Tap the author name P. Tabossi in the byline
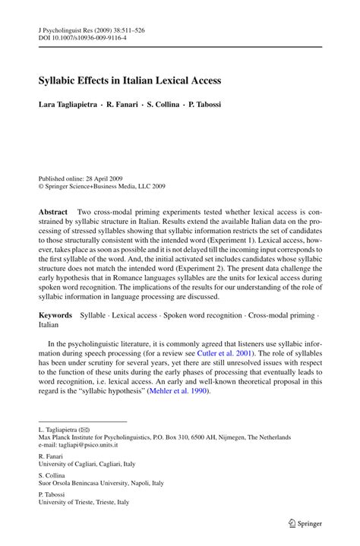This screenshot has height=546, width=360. [201, 103]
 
